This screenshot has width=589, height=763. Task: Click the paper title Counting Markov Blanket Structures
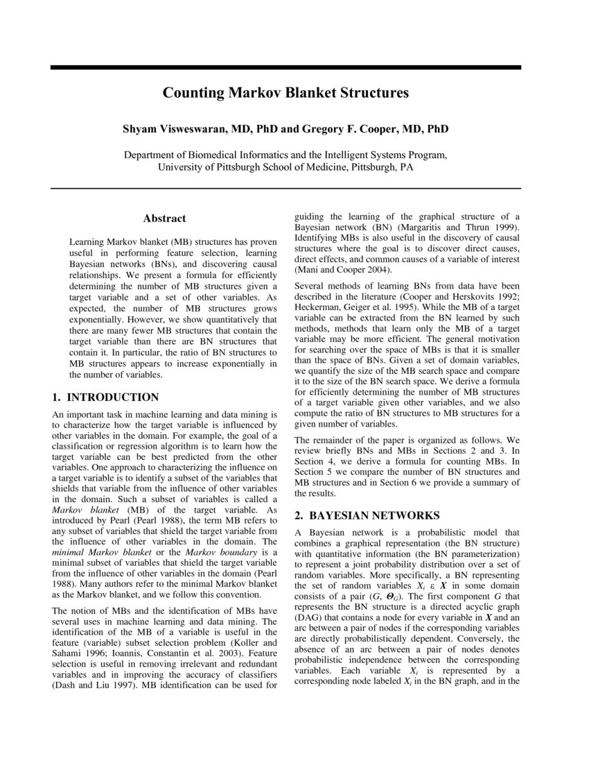click(x=285, y=92)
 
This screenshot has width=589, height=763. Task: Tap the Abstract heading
click(x=164, y=218)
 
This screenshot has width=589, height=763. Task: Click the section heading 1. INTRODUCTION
click(x=106, y=397)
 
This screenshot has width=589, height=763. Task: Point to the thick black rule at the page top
click(x=285, y=67)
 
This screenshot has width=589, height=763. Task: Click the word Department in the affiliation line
click(x=153, y=155)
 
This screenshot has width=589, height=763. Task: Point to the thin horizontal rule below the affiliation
click(x=285, y=188)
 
